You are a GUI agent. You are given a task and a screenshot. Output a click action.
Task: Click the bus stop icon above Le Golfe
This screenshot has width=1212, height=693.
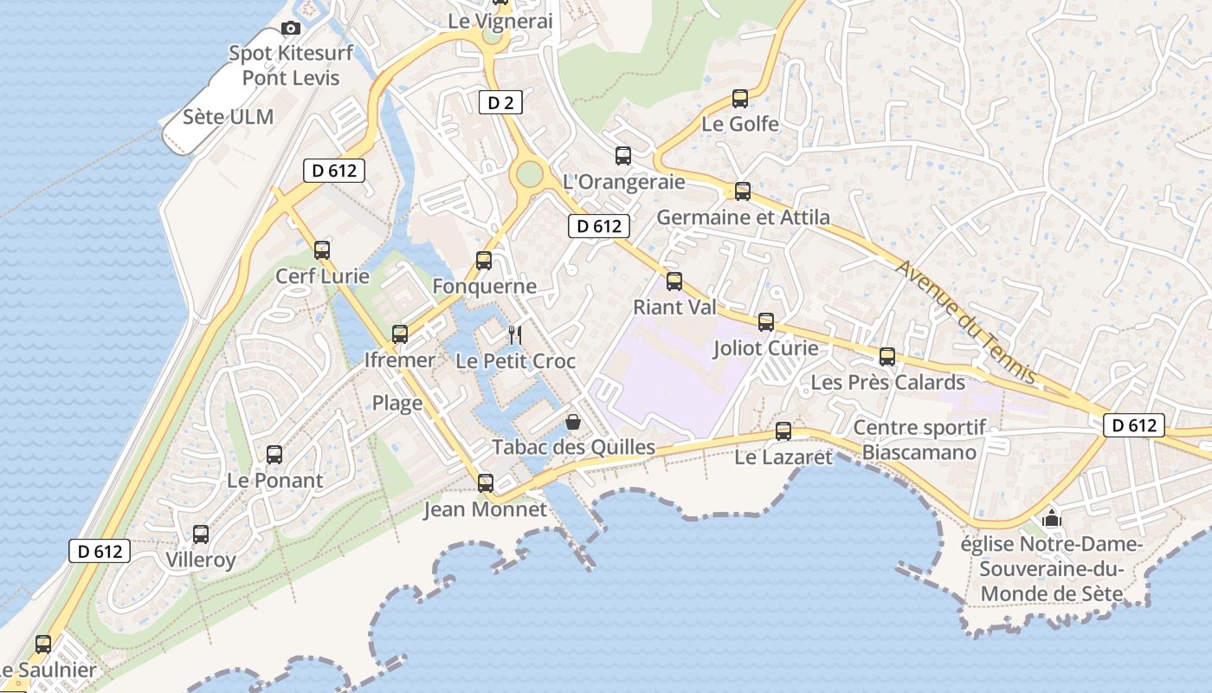739,99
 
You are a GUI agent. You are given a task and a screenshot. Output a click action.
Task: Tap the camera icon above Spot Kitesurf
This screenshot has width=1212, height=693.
291,28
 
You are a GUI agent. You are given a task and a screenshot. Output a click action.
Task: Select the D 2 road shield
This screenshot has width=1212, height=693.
500,103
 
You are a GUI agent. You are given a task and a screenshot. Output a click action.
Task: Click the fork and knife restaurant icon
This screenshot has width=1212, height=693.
514,334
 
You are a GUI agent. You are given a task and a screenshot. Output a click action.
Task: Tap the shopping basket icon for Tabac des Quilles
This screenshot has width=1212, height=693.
572,422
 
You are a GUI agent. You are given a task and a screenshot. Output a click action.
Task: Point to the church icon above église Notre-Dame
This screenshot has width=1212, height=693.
1052,519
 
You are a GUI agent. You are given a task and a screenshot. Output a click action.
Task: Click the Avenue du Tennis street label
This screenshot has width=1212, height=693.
966,321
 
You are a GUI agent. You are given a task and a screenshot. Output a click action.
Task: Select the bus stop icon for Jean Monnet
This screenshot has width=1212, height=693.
486,483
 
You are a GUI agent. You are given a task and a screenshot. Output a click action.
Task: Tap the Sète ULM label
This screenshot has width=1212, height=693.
228,117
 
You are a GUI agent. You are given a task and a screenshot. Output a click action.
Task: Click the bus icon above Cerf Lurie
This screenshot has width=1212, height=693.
322,250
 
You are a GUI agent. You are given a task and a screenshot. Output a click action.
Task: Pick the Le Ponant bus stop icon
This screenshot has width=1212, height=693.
274,454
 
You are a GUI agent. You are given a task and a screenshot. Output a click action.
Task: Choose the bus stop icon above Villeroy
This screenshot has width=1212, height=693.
201,534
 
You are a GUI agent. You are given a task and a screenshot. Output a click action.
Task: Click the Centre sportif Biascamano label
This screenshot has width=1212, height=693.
919,439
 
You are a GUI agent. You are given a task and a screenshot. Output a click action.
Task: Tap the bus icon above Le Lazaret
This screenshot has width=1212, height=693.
783,431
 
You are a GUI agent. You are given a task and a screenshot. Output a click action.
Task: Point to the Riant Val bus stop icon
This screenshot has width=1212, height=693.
674,281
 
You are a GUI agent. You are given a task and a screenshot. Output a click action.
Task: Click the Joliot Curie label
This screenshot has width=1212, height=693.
765,348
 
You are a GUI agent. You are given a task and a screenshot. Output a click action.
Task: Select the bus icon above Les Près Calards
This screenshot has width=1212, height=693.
887,356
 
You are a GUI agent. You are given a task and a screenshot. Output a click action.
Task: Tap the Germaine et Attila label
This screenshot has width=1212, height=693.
743,217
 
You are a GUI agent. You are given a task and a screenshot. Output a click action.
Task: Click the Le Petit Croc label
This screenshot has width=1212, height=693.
515,360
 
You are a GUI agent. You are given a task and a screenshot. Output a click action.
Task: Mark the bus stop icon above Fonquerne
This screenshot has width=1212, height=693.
484,260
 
